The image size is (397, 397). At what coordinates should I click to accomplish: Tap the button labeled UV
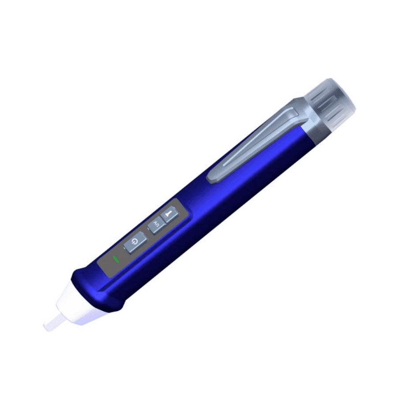point(156,226)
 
